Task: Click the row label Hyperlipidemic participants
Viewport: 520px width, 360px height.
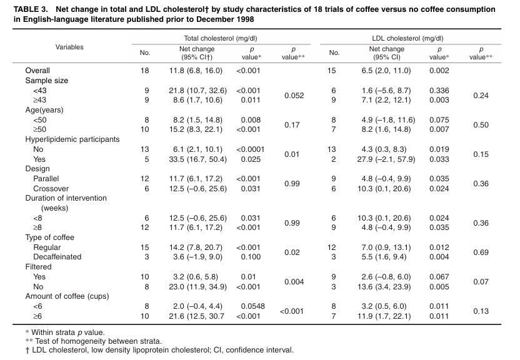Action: point(72,139)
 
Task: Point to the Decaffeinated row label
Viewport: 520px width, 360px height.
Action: point(57,257)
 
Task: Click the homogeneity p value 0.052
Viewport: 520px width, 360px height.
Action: point(294,96)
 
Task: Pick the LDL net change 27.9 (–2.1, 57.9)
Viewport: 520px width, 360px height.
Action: point(386,159)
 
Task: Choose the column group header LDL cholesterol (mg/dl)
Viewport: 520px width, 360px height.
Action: point(407,38)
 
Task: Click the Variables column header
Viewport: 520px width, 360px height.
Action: point(69,47)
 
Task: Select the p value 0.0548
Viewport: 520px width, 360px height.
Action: point(252,306)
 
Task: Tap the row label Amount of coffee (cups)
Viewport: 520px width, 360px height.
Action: point(67,296)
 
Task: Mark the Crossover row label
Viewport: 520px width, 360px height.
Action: point(51,189)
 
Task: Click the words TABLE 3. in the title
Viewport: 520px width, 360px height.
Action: point(31,9)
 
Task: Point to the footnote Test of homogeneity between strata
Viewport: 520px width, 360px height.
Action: point(99,341)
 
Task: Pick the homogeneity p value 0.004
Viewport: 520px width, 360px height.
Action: point(294,282)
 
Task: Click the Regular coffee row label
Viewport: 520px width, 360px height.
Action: point(47,247)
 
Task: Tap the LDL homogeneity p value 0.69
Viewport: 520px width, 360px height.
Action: point(481,252)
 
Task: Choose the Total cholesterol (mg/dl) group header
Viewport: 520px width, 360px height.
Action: point(221,38)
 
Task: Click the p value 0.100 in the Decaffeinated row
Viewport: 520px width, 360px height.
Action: point(251,257)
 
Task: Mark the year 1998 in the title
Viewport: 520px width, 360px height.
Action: point(245,19)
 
